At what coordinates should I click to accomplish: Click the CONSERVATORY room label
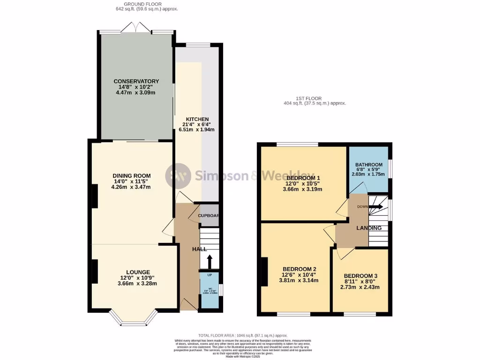pos(136,81)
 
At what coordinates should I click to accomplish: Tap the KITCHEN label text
pos(197,119)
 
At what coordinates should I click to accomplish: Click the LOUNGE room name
pos(138,272)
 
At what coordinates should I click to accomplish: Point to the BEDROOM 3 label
pos(361,276)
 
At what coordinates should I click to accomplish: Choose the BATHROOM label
pos(368,165)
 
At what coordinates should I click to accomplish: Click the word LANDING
pos(369,228)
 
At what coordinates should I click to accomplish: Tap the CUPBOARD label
pos(209,216)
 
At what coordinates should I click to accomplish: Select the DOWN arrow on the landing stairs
pos(378,207)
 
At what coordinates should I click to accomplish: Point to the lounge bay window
pos(134,322)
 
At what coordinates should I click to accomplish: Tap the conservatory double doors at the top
pos(136,29)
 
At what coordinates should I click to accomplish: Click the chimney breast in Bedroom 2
pos(264,272)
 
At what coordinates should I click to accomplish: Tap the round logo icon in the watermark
pos(178,175)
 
